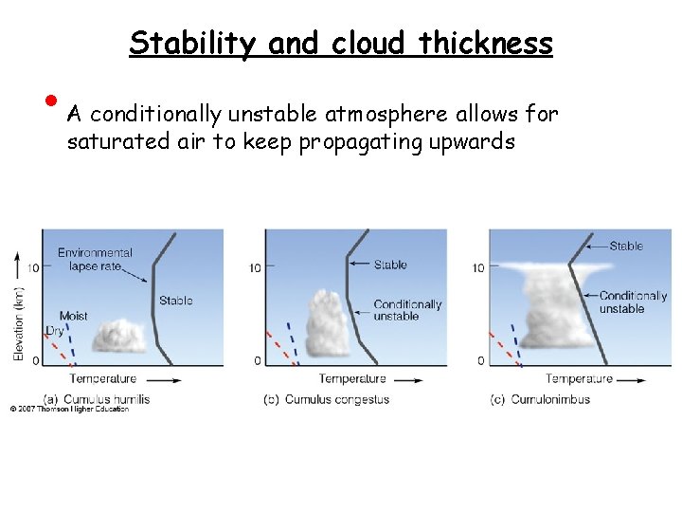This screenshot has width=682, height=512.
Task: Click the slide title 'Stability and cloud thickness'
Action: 341,44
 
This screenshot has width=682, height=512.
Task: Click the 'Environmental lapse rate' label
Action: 95,259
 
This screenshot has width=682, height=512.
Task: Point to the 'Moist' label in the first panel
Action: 73,316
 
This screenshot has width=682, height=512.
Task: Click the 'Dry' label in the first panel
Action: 55,332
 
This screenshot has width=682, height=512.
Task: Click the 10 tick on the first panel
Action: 33,268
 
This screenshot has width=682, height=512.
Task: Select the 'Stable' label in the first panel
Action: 175,301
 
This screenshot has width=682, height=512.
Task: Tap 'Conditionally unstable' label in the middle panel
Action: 407,310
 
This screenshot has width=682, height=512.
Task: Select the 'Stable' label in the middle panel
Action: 390,265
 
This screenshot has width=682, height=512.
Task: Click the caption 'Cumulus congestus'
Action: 336,399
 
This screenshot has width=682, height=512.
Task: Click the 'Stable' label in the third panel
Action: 625,246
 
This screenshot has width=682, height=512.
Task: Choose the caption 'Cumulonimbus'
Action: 549,399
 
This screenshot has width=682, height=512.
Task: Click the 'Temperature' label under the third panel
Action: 579,379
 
